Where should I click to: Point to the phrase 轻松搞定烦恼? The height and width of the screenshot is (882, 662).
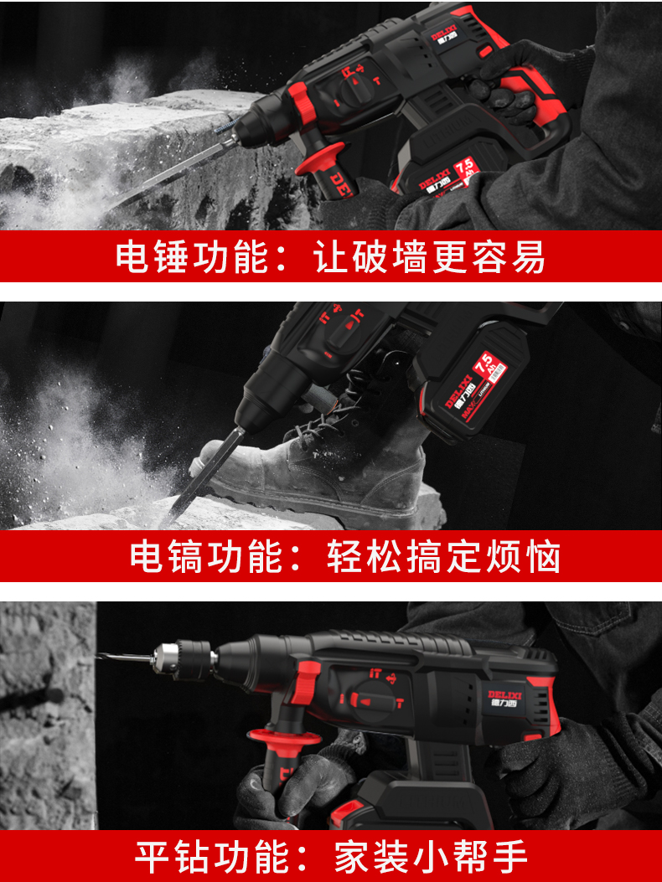pos(443,557)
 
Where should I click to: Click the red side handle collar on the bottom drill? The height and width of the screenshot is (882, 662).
pos(283,738)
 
